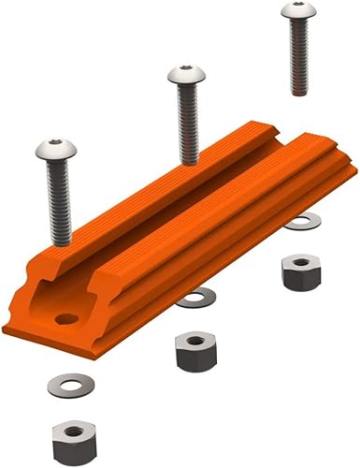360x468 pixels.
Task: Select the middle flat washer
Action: tap(195, 298)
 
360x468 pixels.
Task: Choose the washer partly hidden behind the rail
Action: tap(301, 223)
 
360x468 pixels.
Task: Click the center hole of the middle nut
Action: tap(195, 342)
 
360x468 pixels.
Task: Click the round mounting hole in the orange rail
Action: tap(65, 319)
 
